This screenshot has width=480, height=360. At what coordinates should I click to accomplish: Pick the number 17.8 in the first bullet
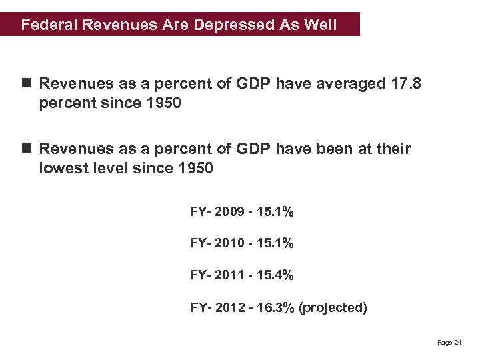pyautogui.click(x=409, y=84)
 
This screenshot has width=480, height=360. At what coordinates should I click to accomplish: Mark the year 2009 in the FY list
pyautogui.click(x=229, y=213)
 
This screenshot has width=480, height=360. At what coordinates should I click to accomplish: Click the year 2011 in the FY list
pyautogui.click(x=229, y=275)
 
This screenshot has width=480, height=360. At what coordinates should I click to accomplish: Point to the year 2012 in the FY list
pyautogui.click(x=231, y=307)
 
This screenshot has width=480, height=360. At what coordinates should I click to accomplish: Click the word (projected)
pyautogui.click(x=333, y=307)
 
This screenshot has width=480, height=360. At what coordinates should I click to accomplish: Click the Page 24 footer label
pyautogui.click(x=449, y=342)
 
